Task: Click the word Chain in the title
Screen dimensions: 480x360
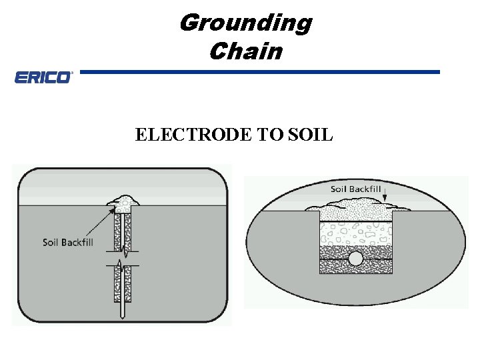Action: [x=245, y=51]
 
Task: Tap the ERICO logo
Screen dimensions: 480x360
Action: [x=43, y=78]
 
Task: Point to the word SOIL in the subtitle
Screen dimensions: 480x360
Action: [x=311, y=135]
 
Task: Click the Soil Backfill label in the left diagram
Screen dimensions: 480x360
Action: [x=67, y=242]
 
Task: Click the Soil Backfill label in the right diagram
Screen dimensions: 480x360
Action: [x=356, y=189]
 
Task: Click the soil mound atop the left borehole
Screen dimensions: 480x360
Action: [x=123, y=200]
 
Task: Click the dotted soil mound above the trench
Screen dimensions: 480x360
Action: [x=355, y=208]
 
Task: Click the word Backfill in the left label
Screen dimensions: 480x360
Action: [x=77, y=242]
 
